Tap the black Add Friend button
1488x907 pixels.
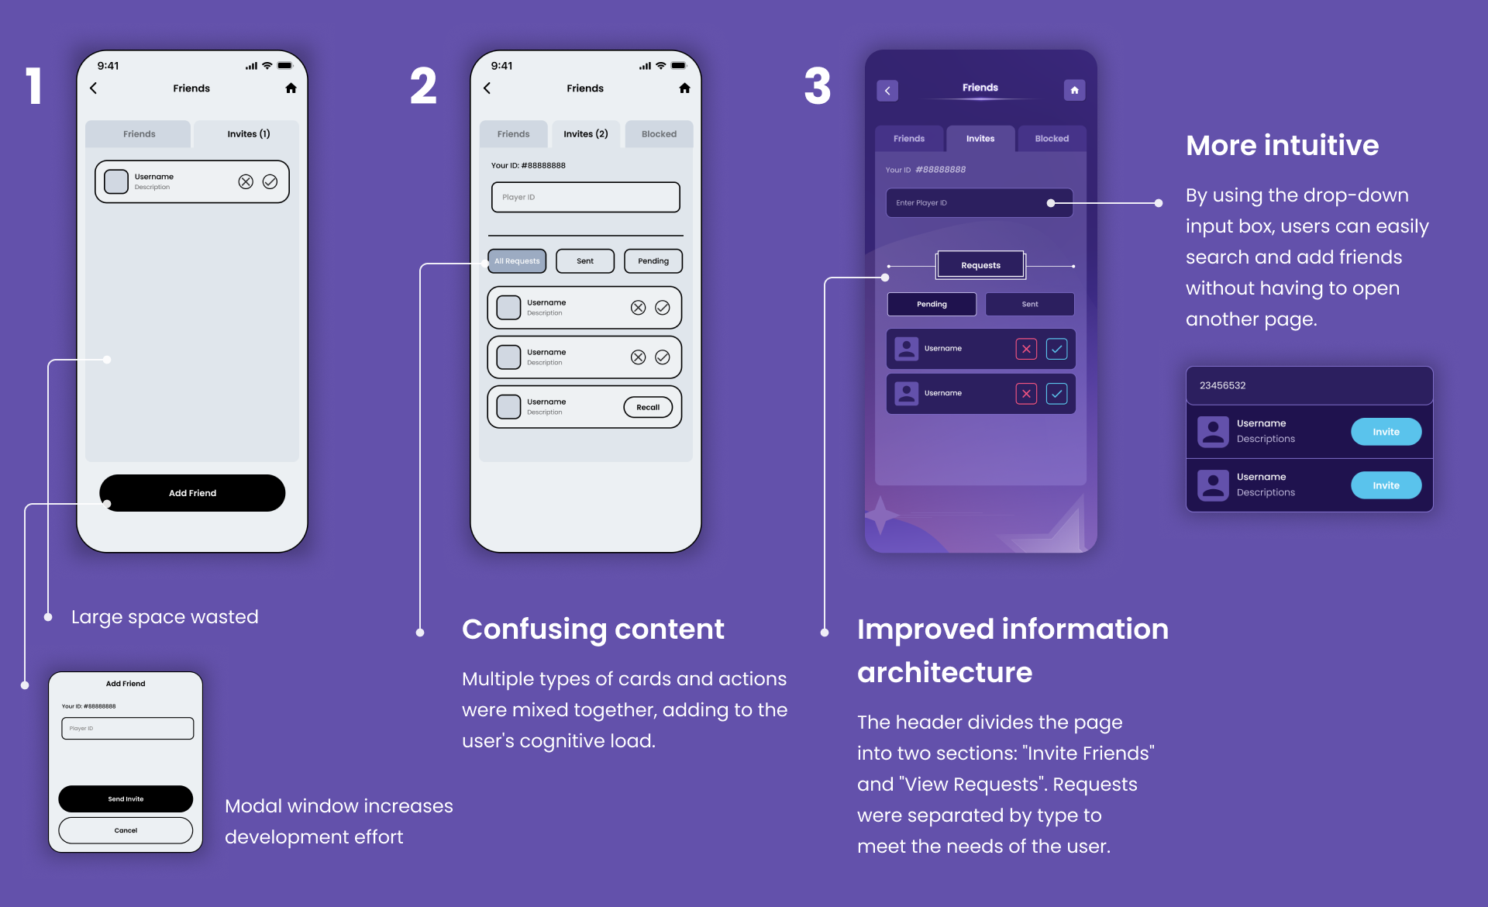[192, 493]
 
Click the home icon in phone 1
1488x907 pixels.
[291, 88]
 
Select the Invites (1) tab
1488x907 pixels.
[248, 134]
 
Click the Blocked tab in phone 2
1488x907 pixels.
[659, 134]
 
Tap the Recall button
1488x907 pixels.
[648, 407]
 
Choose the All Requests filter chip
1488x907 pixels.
[517, 261]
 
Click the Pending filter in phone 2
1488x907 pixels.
[653, 261]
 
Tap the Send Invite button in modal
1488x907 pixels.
[126, 798]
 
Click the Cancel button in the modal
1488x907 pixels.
[126, 830]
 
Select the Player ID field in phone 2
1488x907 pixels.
[585, 197]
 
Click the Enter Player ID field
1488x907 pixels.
[969, 203]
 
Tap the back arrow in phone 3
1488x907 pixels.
[887, 91]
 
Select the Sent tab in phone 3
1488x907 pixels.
[1029, 304]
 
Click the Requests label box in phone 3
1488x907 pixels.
[980, 265]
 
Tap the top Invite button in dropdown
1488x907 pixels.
[1386, 432]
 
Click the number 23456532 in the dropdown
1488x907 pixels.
[1223, 385]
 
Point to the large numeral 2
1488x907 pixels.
[423, 86]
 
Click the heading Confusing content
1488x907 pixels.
[593, 629]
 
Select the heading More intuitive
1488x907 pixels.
[1282, 146]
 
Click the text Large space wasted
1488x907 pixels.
[164, 617]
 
